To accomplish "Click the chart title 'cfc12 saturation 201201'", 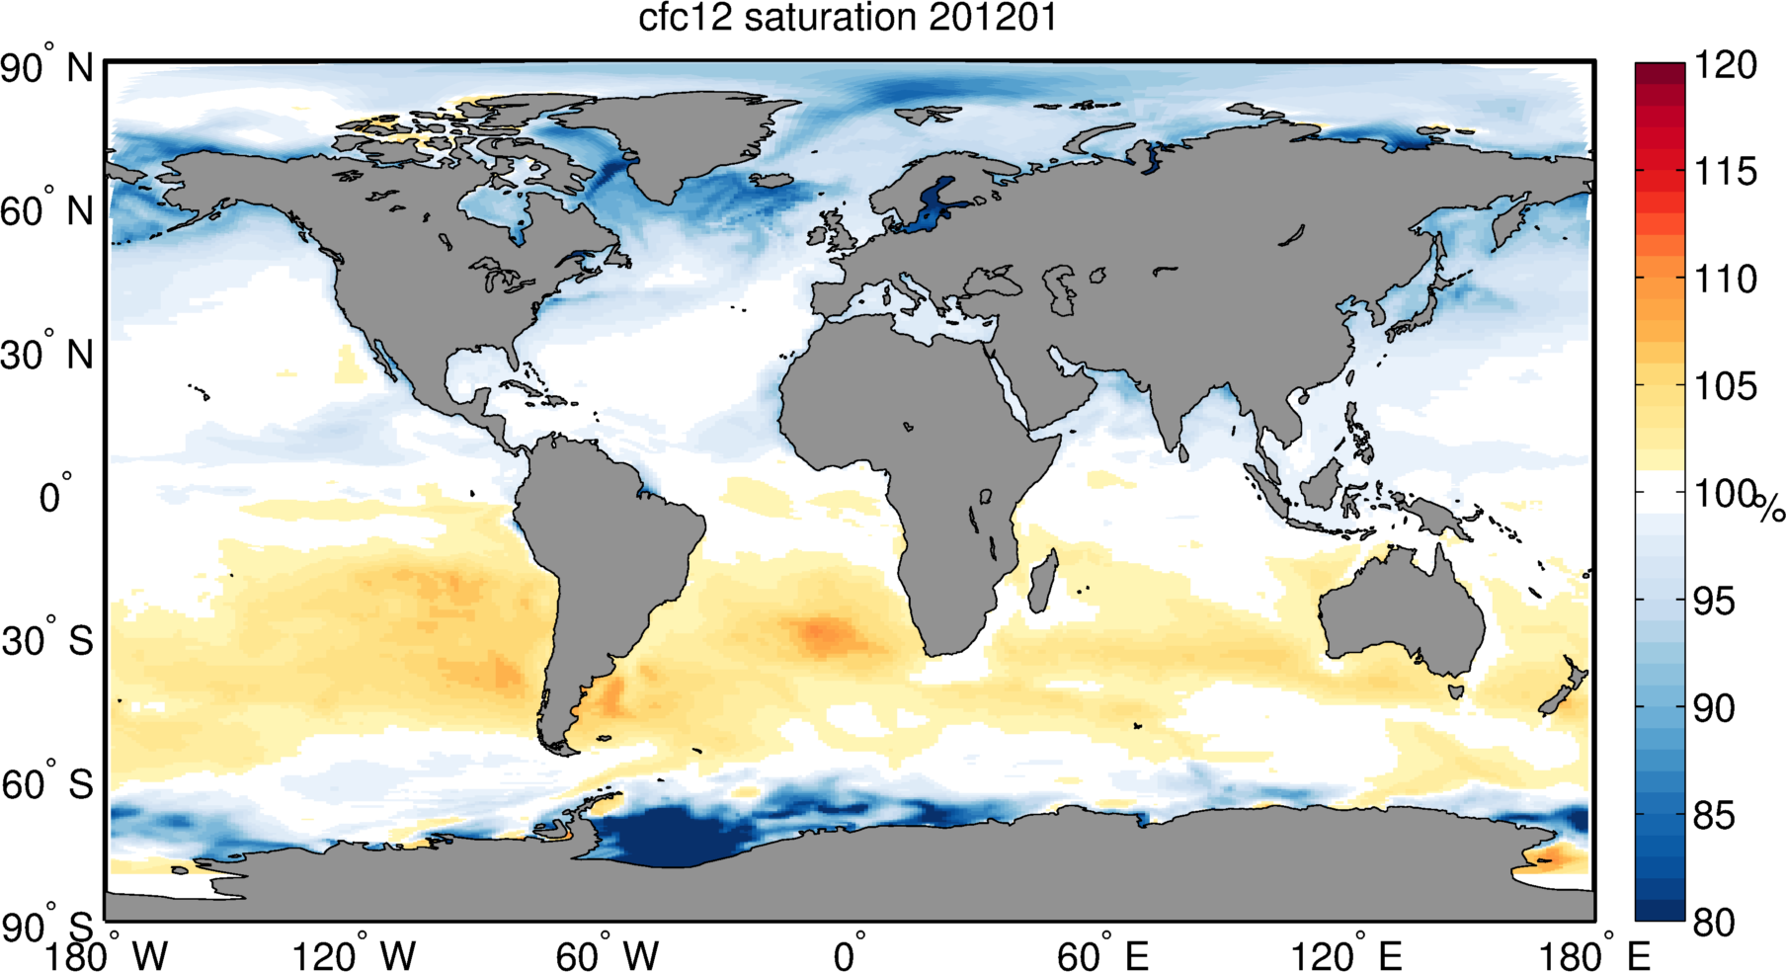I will point(848,18).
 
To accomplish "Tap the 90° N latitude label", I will point(46,68).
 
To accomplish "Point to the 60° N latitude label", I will point(46,211).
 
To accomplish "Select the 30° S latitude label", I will point(46,641).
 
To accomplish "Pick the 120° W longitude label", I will point(354,955).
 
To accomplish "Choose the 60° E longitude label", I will point(1102,955).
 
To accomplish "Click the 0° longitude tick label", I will point(850,955).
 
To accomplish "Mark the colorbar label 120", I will point(1725,65).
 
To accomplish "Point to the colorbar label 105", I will point(1725,386).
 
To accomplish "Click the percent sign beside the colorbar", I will point(1770,509).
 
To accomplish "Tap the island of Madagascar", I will point(1042,583).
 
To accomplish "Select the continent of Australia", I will point(1403,612).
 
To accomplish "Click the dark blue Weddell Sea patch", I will point(672,835).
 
